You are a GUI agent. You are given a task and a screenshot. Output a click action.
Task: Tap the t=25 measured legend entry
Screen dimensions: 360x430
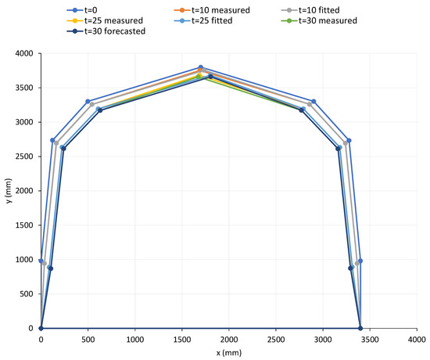pyautogui.click(x=106, y=20)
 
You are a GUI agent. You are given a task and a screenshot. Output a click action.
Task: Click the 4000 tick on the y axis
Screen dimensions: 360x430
pyautogui.click(x=23, y=53)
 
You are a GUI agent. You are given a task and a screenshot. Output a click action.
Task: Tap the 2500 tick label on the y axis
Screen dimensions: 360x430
pyautogui.click(x=23, y=157)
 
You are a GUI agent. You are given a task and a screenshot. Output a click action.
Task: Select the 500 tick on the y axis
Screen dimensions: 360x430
pyautogui.click(x=25, y=294)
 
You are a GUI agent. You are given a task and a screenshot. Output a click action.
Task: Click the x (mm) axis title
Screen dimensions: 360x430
pyautogui.click(x=228, y=353)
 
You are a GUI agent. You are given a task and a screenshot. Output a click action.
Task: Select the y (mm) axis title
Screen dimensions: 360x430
pyautogui.click(x=7, y=190)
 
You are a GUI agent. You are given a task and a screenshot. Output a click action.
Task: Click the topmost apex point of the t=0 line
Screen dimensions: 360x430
pyautogui.click(x=201, y=67)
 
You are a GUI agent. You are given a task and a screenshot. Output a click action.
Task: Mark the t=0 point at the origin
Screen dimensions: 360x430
pyautogui.click(x=41, y=329)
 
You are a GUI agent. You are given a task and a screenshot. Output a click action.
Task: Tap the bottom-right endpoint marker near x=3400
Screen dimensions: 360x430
pyautogui.click(x=360, y=329)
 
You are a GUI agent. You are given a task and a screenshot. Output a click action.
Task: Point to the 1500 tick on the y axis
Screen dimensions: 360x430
pyautogui.click(x=23, y=225)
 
